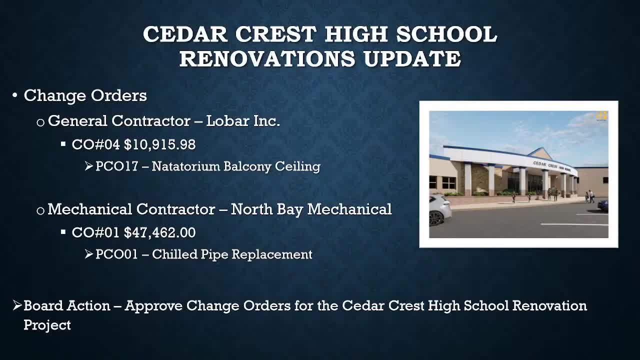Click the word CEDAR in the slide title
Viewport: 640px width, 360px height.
coord(185,34)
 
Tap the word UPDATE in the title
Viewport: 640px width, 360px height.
coord(412,58)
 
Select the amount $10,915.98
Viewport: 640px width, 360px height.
coord(159,144)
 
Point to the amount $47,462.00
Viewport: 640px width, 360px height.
coord(159,232)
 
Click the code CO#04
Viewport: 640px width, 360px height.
coord(95,144)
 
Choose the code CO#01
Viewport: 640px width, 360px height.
coord(95,232)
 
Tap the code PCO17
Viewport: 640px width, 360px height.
coord(116,166)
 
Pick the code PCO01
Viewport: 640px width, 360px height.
coord(116,254)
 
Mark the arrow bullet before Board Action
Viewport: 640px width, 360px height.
coord(17,305)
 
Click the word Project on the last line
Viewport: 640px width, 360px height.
coord(47,325)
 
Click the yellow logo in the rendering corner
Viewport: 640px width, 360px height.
coord(601,116)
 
